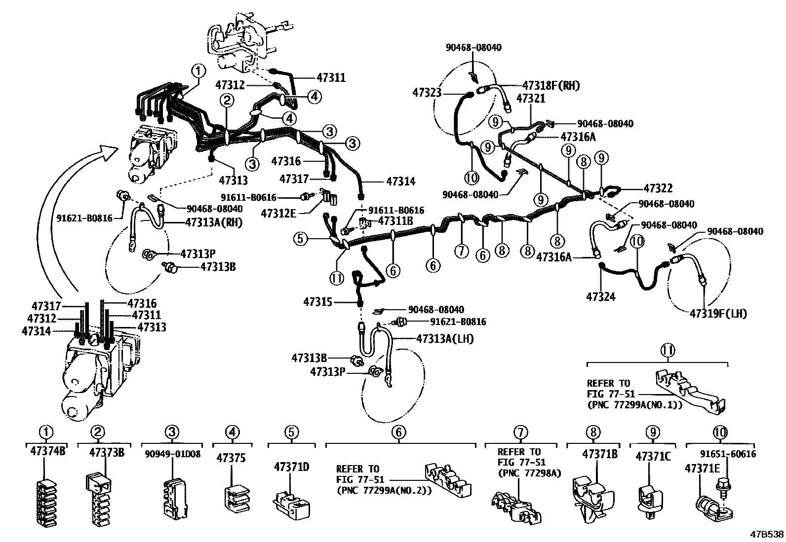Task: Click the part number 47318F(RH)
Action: click(x=551, y=86)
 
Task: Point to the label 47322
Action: click(x=658, y=188)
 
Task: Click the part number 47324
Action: click(x=601, y=297)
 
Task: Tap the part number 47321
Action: click(x=531, y=98)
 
